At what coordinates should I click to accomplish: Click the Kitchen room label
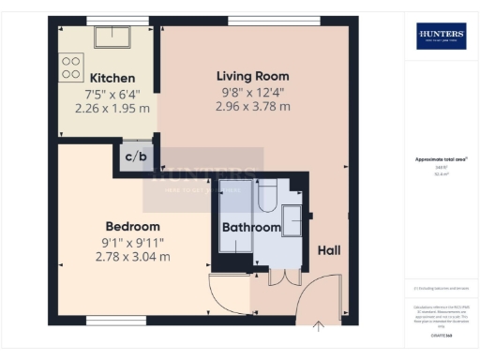click(112, 78)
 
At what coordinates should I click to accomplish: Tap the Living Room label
click(252, 76)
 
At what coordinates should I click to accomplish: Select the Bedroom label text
click(132, 226)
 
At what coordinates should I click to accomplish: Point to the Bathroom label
click(251, 228)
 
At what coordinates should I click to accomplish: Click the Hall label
click(329, 250)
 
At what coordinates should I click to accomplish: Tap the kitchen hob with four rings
click(71, 67)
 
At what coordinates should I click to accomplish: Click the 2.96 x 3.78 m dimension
click(252, 106)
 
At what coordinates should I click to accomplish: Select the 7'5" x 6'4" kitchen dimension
click(112, 93)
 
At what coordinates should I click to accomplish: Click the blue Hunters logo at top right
click(441, 36)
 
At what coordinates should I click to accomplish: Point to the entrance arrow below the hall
click(319, 326)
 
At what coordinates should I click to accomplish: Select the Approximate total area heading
click(440, 159)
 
